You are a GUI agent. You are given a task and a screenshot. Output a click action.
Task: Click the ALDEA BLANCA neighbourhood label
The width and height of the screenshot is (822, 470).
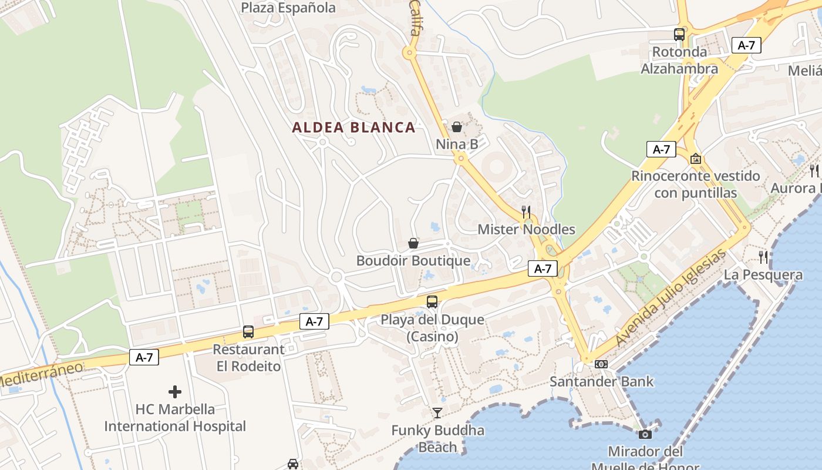click(x=353, y=127)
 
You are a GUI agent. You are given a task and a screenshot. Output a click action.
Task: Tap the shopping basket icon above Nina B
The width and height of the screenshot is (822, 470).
click(x=457, y=127)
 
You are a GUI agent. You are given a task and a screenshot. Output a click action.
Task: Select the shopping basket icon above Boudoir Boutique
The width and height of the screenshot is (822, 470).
click(x=413, y=243)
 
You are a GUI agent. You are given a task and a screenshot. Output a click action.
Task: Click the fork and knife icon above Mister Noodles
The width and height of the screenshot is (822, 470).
click(x=526, y=212)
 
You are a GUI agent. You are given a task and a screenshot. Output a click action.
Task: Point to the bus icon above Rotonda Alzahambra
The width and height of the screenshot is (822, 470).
click(x=679, y=35)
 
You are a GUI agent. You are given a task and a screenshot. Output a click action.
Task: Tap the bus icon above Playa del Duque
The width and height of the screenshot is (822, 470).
click(x=432, y=302)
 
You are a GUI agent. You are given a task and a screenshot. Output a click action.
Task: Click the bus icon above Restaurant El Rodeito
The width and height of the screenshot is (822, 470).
click(x=248, y=332)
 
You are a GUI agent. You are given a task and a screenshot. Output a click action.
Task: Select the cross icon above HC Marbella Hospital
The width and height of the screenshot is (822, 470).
click(x=175, y=392)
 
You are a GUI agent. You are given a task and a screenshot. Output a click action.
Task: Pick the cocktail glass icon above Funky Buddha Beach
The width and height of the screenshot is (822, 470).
click(x=437, y=413)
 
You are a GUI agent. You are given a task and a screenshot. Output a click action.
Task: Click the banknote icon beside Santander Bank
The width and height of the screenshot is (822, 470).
click(x=601, y=364)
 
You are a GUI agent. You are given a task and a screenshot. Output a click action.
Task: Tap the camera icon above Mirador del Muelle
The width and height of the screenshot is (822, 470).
click(x=645, y=434)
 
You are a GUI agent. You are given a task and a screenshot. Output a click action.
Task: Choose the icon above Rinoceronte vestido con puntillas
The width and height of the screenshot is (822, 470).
click(x=696, y=159)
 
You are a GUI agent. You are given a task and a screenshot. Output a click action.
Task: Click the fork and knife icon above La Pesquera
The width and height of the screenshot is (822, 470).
click(x=763, y=257)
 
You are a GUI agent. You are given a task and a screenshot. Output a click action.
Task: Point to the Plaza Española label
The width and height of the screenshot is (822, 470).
click(x=288, y=8)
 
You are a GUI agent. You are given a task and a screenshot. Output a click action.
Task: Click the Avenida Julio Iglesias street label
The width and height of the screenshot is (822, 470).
click(x=671, y=299)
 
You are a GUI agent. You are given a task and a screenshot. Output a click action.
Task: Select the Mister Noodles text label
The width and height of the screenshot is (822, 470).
click(x=526, y=229)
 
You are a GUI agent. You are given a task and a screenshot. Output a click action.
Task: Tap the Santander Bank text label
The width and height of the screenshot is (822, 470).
click(x=601, y=381)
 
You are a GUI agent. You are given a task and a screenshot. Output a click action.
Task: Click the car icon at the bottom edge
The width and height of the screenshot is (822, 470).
click(x=293, y=464)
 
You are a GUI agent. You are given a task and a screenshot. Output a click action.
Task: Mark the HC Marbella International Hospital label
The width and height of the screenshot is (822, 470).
click(x=175, y=418)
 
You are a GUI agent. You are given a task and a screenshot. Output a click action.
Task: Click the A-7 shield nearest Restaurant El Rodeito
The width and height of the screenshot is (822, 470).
click(x=314, y=321)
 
